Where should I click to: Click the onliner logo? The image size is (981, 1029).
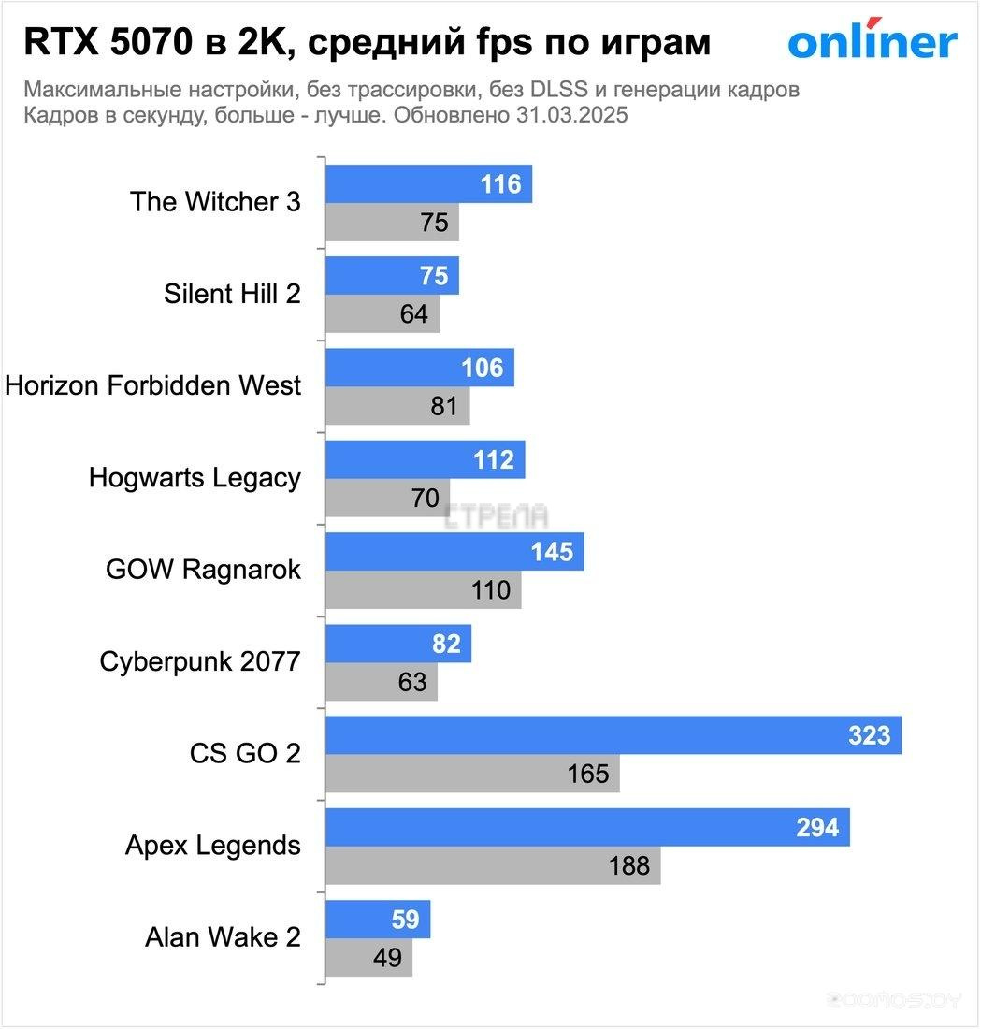click(x=872, y=41)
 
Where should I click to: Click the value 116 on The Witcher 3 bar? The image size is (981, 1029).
click(x=500, y=184)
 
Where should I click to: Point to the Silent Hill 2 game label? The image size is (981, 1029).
click(x=233, y=294)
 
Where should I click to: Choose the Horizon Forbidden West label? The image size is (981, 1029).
click(x=153, y=385)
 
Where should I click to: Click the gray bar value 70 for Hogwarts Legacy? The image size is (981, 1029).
click(x=425, y=499)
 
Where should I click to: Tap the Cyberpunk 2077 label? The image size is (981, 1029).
click(x=200, y=661)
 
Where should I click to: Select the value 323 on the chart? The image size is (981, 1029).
click(x=869, y=736)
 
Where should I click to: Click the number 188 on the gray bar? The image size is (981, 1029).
click(x=628, y=866)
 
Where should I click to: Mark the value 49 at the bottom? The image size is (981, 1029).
click(x=386, y=958)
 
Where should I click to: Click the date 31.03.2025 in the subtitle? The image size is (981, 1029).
click(x=570, y=117)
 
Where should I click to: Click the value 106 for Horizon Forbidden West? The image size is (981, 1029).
click(x=482, y=369)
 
